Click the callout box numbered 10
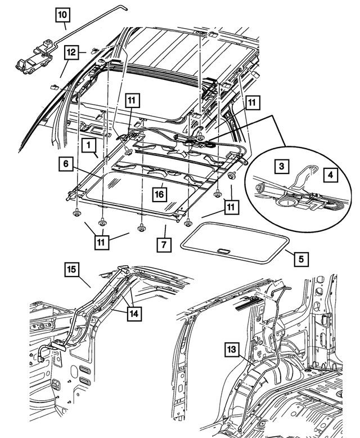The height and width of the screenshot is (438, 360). coord(63,13)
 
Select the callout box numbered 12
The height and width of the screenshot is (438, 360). coord(70,52)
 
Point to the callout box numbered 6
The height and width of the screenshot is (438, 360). coord(66,164)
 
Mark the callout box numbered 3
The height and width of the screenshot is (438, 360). coord(283,166)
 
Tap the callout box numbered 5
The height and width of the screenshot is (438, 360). coord(301,260)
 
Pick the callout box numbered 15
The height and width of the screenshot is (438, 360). coord(71,270)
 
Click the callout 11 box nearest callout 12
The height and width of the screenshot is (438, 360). coord(131,101)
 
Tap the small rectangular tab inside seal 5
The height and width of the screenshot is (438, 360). coord(222,251)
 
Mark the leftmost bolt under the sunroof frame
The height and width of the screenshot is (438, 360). coord(75,213)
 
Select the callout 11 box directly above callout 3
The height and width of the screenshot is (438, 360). coord(253,102)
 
